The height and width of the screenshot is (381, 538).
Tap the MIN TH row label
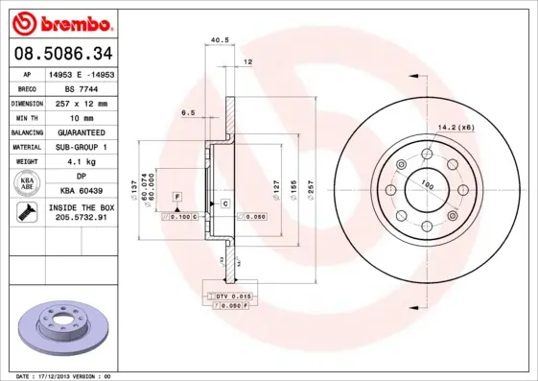tap(28, 117)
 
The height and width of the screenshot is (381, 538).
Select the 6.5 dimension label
tap(188, 113)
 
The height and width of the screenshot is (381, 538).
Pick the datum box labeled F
tap(177, 197)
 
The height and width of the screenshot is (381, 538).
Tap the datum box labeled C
tap(224, 203)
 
